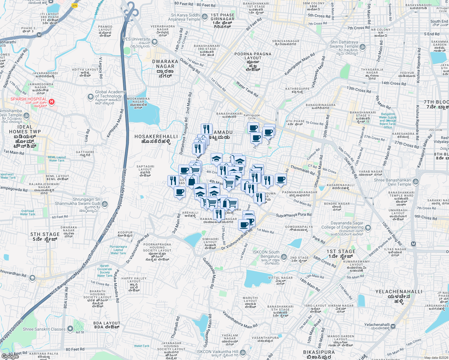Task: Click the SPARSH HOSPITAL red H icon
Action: [x=52, y=102]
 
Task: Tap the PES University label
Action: [x=136, y=39]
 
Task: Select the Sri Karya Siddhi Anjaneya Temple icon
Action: [x=205, y=16]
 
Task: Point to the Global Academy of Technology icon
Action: [x=90, y=97]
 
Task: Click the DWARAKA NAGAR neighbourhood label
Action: [x=165, y=64]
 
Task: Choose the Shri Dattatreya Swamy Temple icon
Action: [x=363, y=47]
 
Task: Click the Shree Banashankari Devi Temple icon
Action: [x=416, y=181]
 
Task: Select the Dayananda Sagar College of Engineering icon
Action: [x=368, y=228]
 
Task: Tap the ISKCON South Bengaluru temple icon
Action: [x=284, y=257]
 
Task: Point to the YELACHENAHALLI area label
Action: [x=399, y=292]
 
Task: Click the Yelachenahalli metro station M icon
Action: [x=393, y=326]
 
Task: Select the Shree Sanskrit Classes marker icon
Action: [x=70, y=329]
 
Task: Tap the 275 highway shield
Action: [x=74, y=5]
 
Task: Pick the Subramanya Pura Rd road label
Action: [x=294, y=215]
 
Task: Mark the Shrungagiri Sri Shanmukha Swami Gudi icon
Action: [x=105, y=204]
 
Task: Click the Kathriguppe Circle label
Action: [x=252, y=117]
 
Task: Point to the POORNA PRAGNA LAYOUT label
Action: [x=253, y=56]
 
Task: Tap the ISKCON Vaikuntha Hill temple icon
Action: [x=243, y=352]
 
